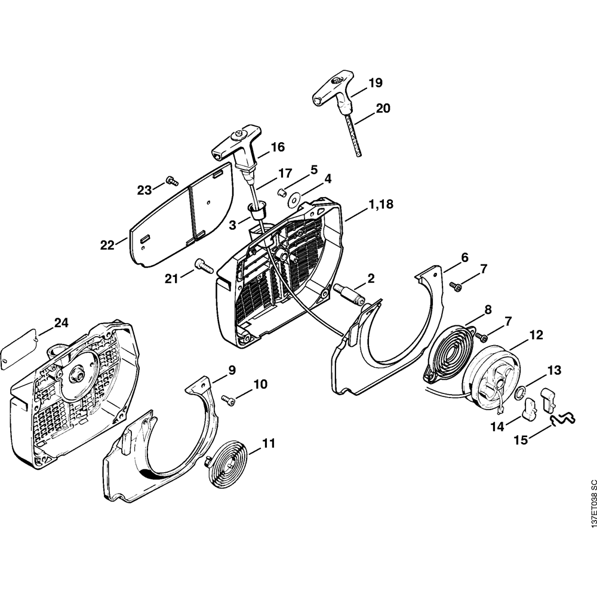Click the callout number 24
pyautogui.click(x=61, y=323)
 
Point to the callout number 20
pyautogui.click(x=383, y=108)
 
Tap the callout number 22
pyautogui.click(x=107, y=245)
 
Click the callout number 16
pyautogui.click(x=277, y=147)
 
